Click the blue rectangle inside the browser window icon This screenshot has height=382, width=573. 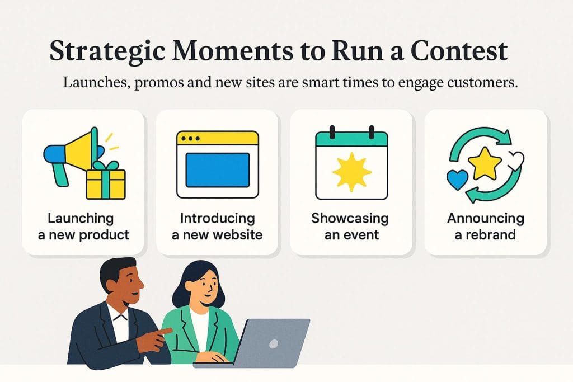pos(217,169)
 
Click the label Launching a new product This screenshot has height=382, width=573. pos(83,227)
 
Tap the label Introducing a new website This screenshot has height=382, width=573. pos(217,227)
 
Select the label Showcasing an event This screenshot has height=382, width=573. pos(350,227)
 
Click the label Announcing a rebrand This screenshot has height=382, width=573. pos(485,227)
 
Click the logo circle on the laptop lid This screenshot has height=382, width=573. pos(273,343)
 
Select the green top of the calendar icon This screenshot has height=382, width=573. pos(351,138)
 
